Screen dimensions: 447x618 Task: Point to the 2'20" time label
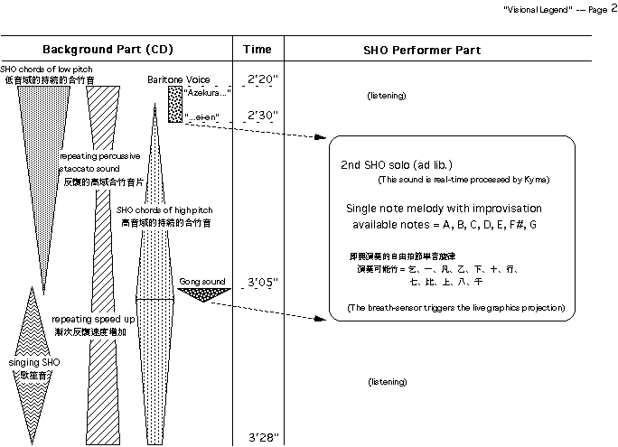(262, 79)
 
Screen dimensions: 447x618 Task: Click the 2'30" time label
(262, 116)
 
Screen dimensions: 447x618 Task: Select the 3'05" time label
(262, 283)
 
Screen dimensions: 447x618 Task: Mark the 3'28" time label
(262, 438)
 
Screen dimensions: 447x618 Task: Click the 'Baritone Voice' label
(179, 80)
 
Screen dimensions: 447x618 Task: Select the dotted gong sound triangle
(207, 303)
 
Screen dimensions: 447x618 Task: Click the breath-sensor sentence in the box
(455, 309)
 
